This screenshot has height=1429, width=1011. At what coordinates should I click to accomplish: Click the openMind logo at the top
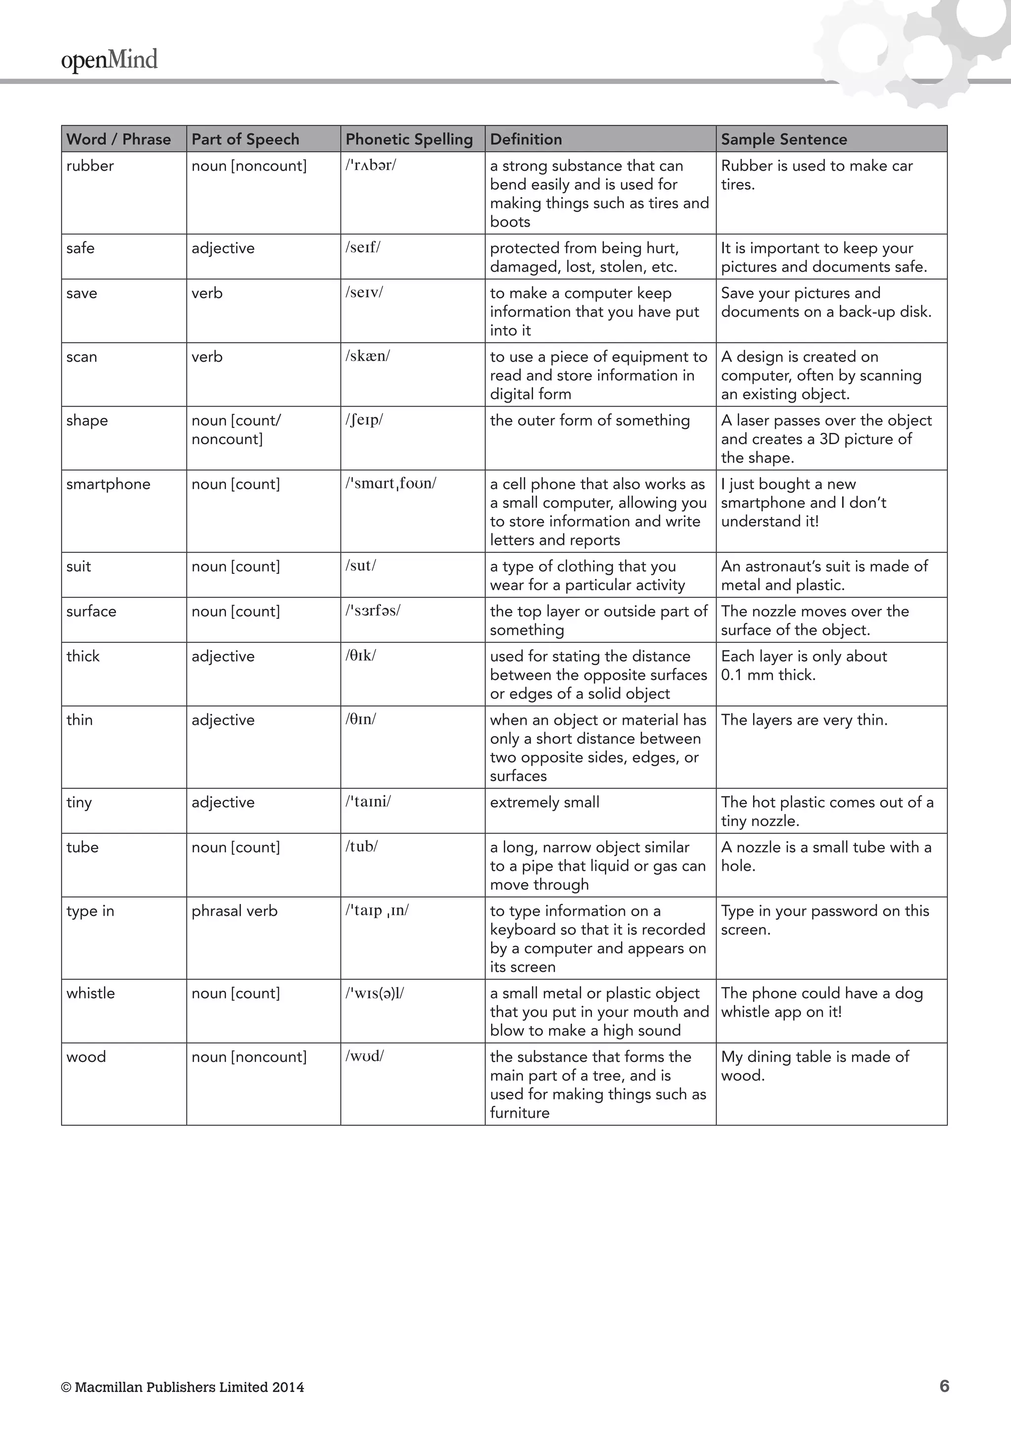pyautogui.click(x=109, y=60)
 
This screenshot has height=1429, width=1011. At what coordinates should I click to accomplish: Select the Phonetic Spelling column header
pyautogui.click(x=409, y=139)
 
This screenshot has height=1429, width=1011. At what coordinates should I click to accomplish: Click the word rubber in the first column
pyautogui.click(x=90, y=166)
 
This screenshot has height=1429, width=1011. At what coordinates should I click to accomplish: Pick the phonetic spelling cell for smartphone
pyautogui.click(x=391, y=484)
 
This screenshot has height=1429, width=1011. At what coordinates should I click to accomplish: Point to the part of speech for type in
pyautogui.click(x=234, y=910)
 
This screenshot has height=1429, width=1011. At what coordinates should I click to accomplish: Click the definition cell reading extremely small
pyautogui.click(x=544, y=802)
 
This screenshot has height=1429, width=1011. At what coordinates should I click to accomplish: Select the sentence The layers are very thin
pyautogui.click(x=804, y=719)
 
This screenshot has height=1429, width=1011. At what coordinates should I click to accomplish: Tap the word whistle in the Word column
pyautogui.click(x=90, y=993)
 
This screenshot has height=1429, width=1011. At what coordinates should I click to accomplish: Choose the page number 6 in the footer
pyautogui.click(x=944, y=1386)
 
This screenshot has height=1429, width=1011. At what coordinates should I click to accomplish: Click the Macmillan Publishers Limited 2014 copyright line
pyautogui.click(x=182, y=1387)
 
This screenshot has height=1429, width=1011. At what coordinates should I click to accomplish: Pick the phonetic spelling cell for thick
pyautogui.click(x=361, y=655)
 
